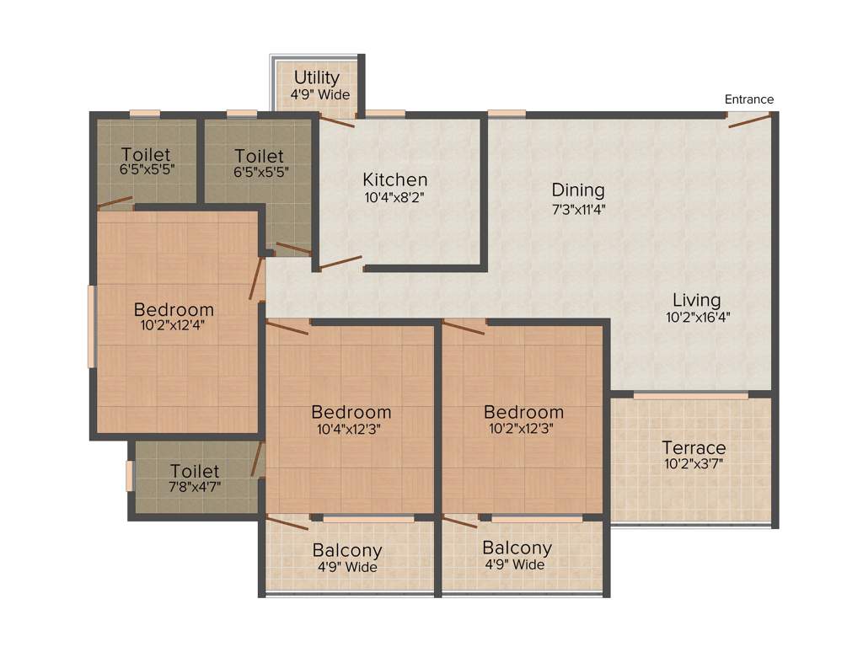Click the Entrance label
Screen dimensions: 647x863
pyautogui.click(x=748, y=99)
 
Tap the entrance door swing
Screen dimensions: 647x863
pyautogui.click(x=748, y=121)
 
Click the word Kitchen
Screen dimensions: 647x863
pyautogui.click(x=394, y=179)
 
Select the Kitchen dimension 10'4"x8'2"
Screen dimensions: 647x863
pyautogui.click(x=394, y=198)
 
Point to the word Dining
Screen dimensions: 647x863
pyautogui.click(x=578, y=190)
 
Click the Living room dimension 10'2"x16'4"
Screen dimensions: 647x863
pyautogui.click(x=696, y=318)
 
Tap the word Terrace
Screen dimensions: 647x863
pyautogui.click(x=693, y=447)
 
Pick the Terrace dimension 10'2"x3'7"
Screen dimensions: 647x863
pyautogui.click(x=693, y=464)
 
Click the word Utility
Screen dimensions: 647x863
pyautogui.click(x=316, y=78)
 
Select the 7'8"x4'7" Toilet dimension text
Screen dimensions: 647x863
pyautogui.click(x=195, y=486)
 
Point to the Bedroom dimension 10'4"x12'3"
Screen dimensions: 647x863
pyautogui.click(x=351, y=428)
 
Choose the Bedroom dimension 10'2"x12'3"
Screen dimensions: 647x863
pyautogui.click(x=523, y=428)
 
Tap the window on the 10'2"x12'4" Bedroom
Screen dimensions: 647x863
pyautogui.click(x=92, y=326)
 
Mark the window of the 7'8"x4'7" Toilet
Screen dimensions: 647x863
pyautogui.click(x=130, y=474)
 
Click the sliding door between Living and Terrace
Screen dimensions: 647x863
pyautogui.click(x=690, y=395)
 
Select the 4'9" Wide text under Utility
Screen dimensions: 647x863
pyautogui.click(x=320, y=95)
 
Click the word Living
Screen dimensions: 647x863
pyautogui.click(x=696, y=300)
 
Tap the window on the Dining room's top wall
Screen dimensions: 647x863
pyautogui.click(x=507, y=113)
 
